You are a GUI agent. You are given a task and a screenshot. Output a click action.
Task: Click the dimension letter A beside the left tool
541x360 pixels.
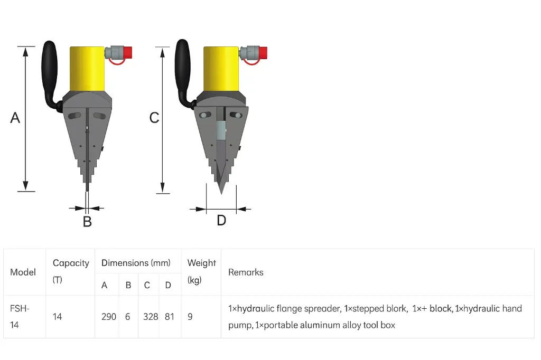tap(15, 118)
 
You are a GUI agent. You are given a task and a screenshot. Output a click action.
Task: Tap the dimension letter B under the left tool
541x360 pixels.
tap(87, 222)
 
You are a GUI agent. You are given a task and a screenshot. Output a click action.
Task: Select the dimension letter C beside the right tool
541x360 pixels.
tap(154, 118)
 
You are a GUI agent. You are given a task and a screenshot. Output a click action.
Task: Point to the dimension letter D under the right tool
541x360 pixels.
tap(221, 220)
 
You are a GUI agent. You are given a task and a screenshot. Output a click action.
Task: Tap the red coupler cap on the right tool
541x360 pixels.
tap(262, 52)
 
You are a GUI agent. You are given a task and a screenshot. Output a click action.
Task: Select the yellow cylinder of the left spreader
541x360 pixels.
tap(87, 69)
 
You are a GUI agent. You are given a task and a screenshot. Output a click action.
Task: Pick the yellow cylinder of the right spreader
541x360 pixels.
tap(221, 69)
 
